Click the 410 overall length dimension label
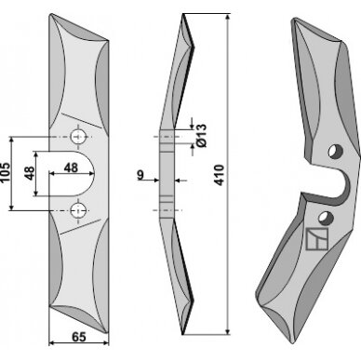pos(220,175)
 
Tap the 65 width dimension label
pos(79,337)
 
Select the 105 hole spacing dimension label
pos(6,173)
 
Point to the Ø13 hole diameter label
pos(201,135)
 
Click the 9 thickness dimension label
pos(140,175)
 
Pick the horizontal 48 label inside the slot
pos(71,167)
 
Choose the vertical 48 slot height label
pos(30,173)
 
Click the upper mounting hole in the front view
pos(77,137)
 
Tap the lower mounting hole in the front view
pos(77,210)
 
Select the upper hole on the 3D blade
pos(336,152)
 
